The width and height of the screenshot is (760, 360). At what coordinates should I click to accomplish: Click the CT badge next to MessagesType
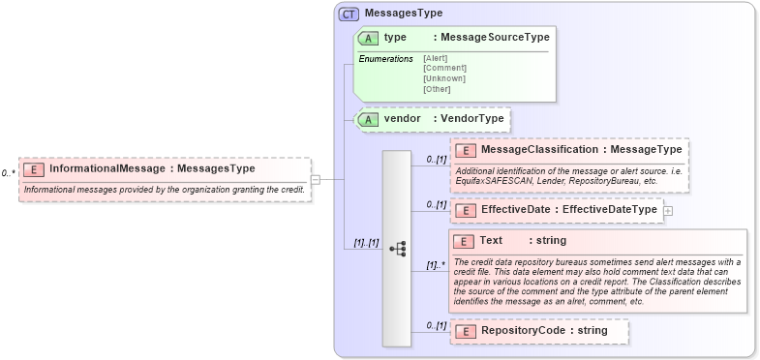(349, 15)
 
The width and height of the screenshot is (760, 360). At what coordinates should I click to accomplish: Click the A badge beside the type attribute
(368, 38)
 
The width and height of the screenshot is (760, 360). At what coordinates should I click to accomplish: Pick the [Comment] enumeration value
(444, 68)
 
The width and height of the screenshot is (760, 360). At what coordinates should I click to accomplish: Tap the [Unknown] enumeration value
(444, 78)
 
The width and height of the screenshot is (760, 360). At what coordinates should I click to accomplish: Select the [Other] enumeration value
(439, 89)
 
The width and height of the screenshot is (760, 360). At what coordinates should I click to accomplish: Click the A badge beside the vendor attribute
(368, 119)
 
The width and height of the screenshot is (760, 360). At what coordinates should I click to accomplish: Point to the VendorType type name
(471, 119)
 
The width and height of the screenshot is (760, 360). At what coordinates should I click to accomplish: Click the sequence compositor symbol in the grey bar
(397, 249)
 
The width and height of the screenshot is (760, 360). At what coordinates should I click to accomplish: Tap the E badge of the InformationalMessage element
(34, 168)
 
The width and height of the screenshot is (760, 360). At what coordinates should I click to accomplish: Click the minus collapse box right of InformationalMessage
(316, 179)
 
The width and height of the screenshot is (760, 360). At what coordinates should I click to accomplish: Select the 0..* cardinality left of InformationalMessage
(9, 173)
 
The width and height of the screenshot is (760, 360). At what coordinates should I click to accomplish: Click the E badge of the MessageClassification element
(465, 150)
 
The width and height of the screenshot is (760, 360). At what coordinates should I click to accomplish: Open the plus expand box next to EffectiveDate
(668, 210)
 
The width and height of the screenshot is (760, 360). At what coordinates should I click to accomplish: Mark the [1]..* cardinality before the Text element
(435, 264)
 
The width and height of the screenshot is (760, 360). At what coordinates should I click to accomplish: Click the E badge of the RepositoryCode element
(465, 331)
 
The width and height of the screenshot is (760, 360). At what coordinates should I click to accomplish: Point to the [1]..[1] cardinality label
(359, 243)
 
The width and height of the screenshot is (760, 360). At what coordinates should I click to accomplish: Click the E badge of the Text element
(465, 241)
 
